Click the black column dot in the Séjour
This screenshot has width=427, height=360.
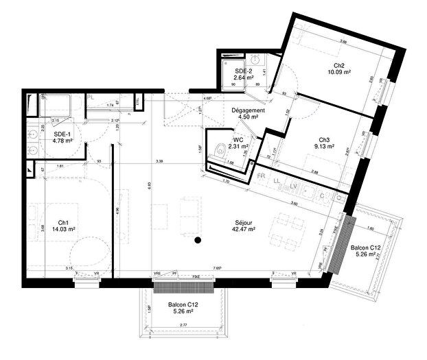pyautogui.click(x=197, y=240)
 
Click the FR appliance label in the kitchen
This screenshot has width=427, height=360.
pyautogui.click(x=261, y=177)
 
